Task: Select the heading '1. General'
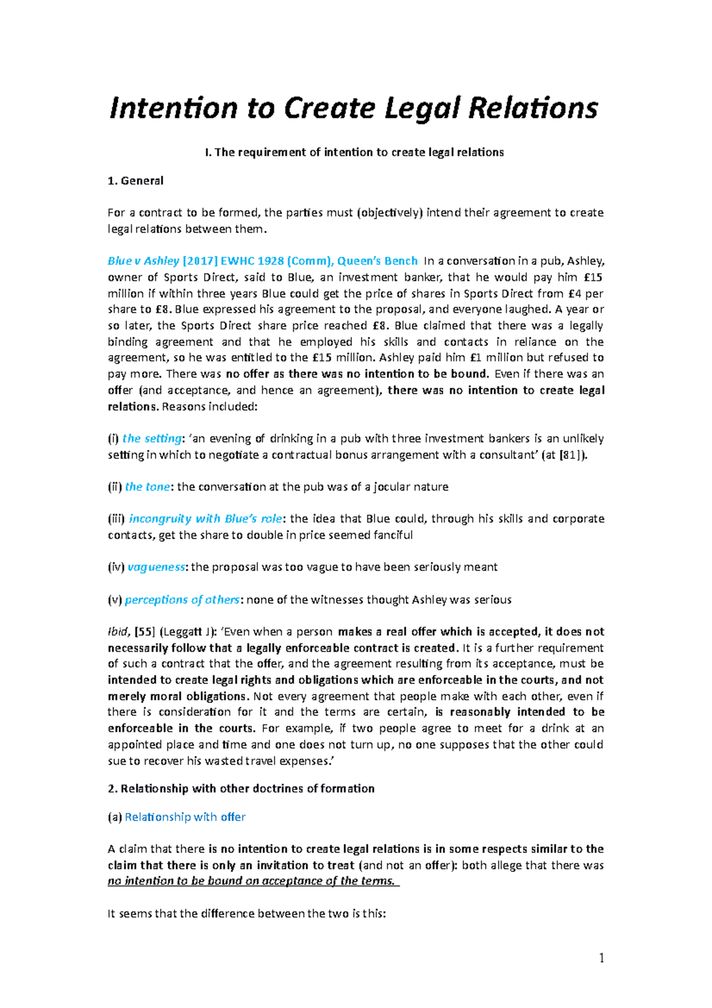135,180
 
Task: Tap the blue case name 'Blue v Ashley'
144,261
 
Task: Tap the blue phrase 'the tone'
147,487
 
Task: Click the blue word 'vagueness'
156,567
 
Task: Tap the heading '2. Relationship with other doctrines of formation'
241,788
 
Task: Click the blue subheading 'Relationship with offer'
185,817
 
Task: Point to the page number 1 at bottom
602,958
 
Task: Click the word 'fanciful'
389,535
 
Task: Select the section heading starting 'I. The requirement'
354,152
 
